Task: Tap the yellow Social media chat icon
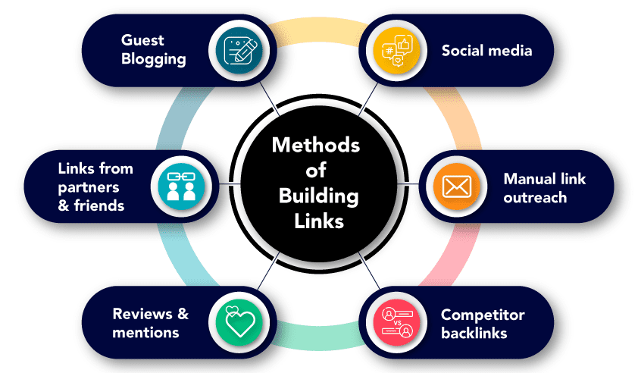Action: point(396,50)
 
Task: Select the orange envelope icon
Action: point(457,186)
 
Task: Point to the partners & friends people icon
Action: point(182,186)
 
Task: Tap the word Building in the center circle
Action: point(318,196)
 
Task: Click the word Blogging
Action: point(154,58)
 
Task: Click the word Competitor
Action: point(483,314)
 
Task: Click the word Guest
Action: point(140,41)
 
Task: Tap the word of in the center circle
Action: point(318,171)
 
